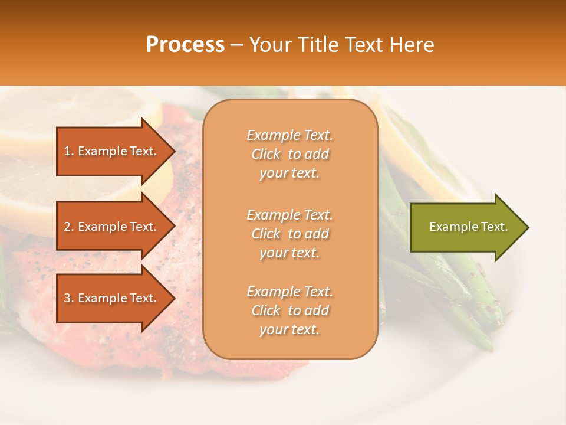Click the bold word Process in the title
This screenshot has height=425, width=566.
point(185,45)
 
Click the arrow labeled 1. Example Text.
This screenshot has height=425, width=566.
point(112,151)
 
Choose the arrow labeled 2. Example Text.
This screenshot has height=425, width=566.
point(112,227)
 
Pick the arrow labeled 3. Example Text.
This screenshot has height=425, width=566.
point(112,298)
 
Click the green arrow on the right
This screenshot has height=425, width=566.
point(466,227)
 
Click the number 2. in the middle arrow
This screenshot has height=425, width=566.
point(69,227)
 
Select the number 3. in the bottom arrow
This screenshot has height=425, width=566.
point(69,298)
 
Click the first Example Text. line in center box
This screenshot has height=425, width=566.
point(289,135)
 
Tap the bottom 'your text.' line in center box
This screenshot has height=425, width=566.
point(289,329)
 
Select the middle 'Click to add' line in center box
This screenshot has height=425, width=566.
point(289,234)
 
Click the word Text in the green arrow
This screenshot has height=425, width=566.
point(494,227)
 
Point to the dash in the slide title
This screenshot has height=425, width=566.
point(237,45)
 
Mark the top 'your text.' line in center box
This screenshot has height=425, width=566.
point(289,173)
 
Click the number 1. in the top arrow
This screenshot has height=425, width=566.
point(68,151)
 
